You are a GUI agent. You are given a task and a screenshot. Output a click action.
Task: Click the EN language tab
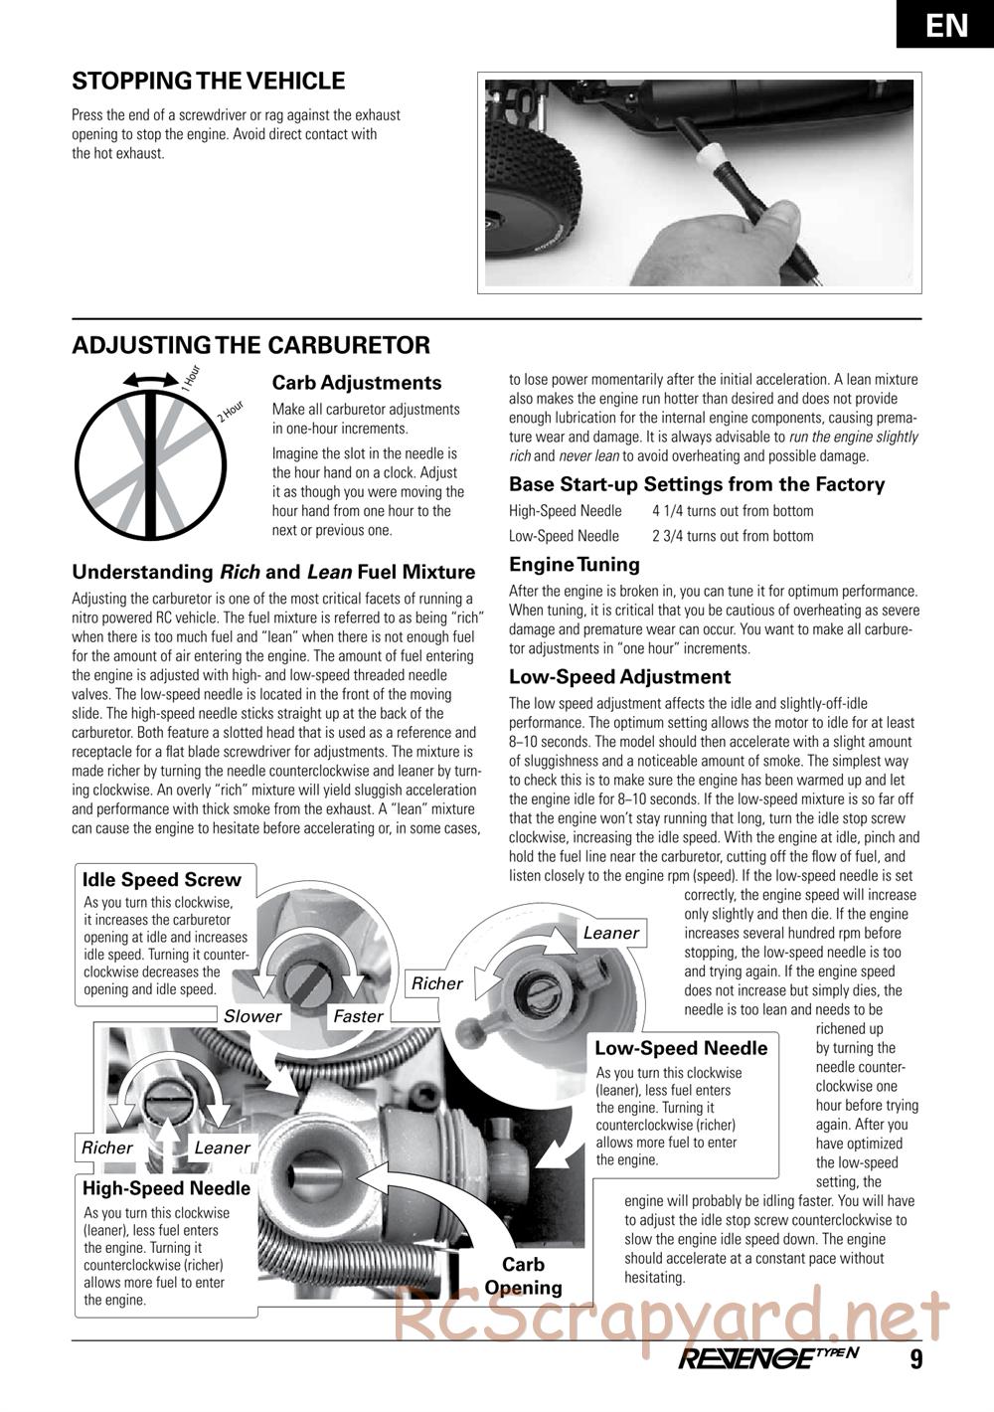[x=946, y=24]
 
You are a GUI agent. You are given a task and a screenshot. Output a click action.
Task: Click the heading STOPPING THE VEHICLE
[x=209, y=82]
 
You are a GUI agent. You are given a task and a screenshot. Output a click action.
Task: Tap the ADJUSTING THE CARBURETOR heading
[x=251, y=345]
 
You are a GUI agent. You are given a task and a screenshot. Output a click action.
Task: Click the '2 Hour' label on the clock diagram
[x=231, y=410]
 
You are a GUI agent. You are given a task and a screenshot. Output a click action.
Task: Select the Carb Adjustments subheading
[x=356, y=383]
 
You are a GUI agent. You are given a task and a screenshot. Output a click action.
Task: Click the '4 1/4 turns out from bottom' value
[x=733, y=511]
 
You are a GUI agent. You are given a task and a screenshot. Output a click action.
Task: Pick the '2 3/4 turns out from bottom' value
[x=733, y=536]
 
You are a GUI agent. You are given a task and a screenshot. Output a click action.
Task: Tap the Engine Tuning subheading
[x=574, y=564]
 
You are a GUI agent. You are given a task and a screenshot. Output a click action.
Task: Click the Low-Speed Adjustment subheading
[x=619, y=677]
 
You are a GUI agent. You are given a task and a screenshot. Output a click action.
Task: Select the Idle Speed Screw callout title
[x=161, y=879]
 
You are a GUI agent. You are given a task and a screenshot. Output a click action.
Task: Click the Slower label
[x=252, y=1015]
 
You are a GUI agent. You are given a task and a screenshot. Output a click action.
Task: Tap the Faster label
[x=358, y=1015]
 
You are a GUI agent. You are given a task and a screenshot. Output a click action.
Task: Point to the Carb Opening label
[x=523, y=1276]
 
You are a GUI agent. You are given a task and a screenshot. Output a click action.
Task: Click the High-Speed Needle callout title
[x=166, y=1188]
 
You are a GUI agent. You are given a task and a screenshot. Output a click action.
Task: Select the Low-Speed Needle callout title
[x=681, y=1048]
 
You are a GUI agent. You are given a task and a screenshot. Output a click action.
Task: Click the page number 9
[x=915, y=1359]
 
